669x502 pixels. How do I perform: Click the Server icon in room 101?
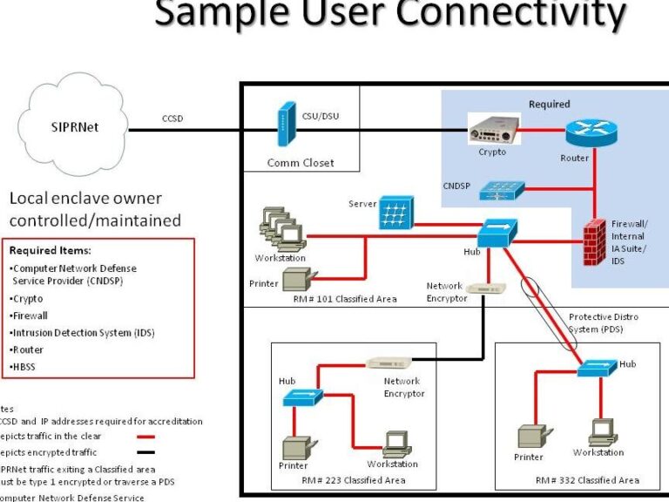[x=396, y=212]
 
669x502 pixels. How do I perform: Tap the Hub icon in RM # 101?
[x=497, y=234]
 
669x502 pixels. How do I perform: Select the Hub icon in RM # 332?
[x=596, y=369]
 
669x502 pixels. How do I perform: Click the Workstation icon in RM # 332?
[x=602, y=431]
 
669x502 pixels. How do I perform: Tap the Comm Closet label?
[x=300, y=162]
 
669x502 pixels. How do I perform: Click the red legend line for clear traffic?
[x=145, y=436]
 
